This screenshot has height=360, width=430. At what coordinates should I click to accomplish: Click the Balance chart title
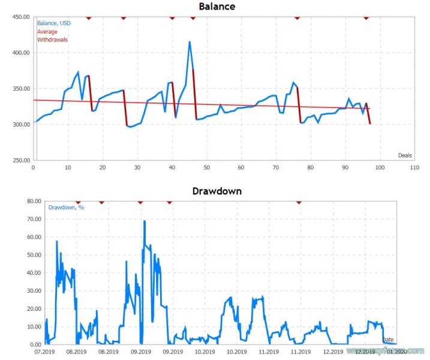click(216, 7)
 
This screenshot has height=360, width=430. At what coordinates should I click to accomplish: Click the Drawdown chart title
click(216, 191)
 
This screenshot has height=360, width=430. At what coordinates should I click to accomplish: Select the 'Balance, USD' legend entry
click(53, 23)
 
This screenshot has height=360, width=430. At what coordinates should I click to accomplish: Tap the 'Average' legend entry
click(47, 32)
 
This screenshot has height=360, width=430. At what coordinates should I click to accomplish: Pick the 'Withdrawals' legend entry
click(52, 40)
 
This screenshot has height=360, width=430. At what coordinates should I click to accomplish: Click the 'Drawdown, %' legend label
click(62, 208)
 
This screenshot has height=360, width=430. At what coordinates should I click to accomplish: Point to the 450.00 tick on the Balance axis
click(20, 17)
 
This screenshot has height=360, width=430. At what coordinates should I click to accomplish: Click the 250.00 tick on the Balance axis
click(20, 160)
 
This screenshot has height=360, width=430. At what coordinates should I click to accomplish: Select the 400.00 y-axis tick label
click(20, 53)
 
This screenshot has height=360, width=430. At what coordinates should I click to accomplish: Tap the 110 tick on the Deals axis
click(414, 167)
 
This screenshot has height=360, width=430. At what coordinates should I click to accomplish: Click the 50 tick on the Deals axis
click(206, 167)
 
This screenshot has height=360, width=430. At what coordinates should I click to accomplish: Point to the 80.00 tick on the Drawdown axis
click(23, 201)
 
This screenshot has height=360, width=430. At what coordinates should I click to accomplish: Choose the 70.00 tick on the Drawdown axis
click(23, 219)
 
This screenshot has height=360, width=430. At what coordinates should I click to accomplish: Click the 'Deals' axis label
click(405, 155)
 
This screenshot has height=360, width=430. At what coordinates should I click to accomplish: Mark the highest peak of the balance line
click(190, 42)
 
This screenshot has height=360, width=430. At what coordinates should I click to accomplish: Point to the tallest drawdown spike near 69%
click(145, 221)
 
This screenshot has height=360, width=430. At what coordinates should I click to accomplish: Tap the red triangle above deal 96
click(366, 17)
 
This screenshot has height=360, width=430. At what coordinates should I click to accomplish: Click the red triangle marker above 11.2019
click(299, 202)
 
